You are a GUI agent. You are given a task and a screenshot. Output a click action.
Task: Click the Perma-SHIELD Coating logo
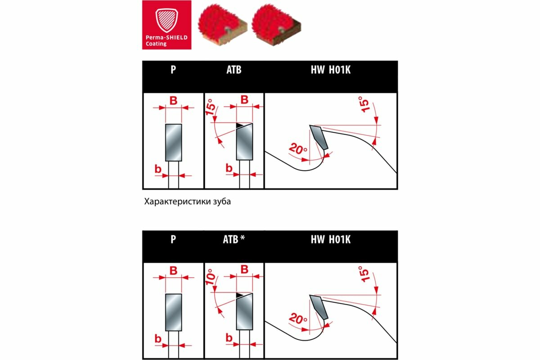(166, 24)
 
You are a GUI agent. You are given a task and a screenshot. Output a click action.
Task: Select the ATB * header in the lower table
(234, 240)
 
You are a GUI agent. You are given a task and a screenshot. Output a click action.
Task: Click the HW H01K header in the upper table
(331, 71)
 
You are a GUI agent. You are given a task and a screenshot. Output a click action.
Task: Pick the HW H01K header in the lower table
(331, 240)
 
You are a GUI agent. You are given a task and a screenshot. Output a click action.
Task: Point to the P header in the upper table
(173, 71)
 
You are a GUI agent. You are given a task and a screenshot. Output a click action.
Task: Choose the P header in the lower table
(173, 240)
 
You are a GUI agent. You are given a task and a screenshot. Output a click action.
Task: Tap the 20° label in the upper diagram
(297, 148)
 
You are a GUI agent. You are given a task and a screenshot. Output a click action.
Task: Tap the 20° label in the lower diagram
(297, 319)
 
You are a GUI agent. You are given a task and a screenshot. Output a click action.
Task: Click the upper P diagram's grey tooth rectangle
(173, 142)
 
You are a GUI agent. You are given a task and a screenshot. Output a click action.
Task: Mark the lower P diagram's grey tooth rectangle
(173, 312)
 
